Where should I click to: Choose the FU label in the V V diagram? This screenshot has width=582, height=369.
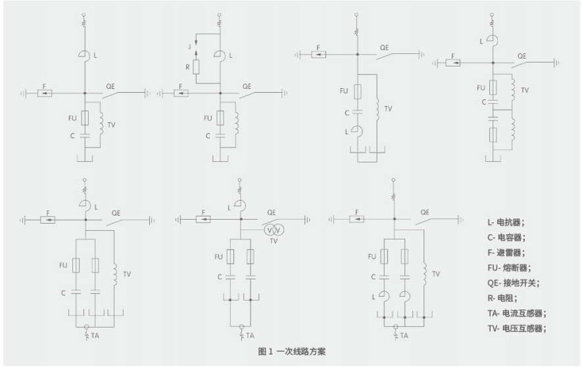tap(219, 256)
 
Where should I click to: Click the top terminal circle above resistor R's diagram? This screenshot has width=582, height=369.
tap(221, 14)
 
